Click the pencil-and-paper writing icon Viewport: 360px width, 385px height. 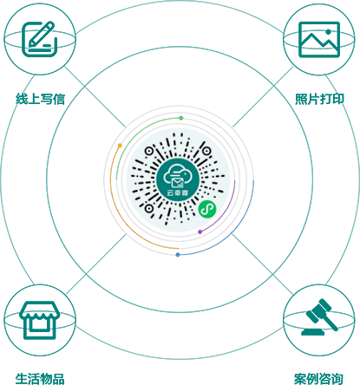coord(38,39)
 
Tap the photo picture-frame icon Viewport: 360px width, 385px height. coord(319,39)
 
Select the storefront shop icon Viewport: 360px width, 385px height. coord(39,320)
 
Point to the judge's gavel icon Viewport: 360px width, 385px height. coord(319,316)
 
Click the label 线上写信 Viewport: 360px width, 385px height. coord(40,99)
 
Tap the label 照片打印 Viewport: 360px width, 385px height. coord(319,99)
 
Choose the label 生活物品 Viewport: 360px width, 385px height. coord(40,379)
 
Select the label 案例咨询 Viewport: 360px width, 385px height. coord(318,379)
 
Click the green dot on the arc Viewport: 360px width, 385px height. coord(181,118)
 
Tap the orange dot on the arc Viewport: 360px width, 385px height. coord(120,146)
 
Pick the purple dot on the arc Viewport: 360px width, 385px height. coord(200,232)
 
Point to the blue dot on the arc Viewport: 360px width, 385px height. coord(178,255)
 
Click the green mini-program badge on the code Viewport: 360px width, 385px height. coord(207,209)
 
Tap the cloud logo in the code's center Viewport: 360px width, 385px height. coord(178,179)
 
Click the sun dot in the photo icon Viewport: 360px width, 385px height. coord(328,31)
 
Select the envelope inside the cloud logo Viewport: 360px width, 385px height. coord(177,183)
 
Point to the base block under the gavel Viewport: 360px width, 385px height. coord(312,332)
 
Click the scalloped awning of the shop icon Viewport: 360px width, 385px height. coord(39,311)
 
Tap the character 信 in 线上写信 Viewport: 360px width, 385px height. coord(59,99)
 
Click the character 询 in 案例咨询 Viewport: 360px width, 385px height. coord(337,379)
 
